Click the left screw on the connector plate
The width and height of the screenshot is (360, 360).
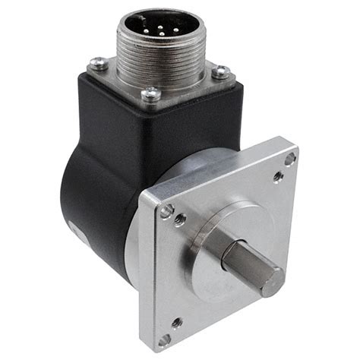tap(97, 64)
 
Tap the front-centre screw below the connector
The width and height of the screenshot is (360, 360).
tap(152, 93)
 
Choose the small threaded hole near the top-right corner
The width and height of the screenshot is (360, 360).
tap(279, 176)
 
